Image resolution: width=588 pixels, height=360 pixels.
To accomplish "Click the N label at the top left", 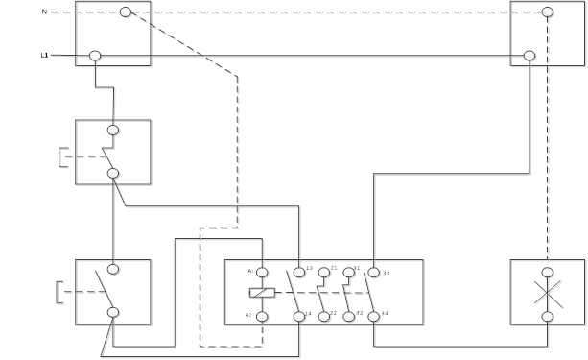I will tap(44, 12).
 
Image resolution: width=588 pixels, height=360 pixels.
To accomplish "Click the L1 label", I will tap(44, 56).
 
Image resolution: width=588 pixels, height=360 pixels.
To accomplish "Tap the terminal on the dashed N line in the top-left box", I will tap(125, 12).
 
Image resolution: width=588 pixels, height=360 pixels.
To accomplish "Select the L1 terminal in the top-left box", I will tap(95, 56).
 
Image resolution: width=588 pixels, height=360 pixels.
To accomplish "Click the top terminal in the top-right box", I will tap(547, 12).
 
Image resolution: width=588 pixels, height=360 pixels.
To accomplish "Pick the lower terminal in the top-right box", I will tap(529, 56).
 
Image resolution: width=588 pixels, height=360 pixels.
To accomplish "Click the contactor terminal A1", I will tap(262, 273).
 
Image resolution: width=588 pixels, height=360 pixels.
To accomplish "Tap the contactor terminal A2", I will tap(262, 316).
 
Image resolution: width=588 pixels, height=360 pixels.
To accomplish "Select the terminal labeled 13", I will tap(299, 273).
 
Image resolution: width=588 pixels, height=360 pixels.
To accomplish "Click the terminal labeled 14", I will tap(299, 316).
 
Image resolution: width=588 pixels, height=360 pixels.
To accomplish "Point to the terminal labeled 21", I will tap(324, 273).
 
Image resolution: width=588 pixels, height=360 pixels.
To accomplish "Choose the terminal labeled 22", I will tap(324, 316).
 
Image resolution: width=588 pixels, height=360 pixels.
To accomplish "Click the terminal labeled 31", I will tap(349, 273).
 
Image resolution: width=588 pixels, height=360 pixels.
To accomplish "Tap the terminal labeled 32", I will tap(349, 316).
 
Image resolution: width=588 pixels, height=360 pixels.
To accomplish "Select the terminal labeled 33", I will tap(374, 273).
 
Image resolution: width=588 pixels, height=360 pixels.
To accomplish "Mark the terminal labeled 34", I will tap(374, 316).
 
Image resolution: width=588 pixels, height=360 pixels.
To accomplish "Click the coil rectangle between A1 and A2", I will tap(262, 292).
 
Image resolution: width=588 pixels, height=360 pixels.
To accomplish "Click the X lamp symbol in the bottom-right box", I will tap(547, 293).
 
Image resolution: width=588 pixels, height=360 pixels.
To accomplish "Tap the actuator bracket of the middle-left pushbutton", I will tap(61, 156).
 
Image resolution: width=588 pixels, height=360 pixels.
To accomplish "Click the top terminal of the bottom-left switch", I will tap(113, 270).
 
